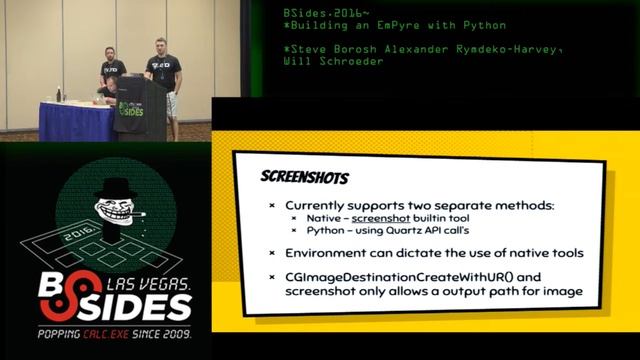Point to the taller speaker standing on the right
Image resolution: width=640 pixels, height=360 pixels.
tap(163, 80)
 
